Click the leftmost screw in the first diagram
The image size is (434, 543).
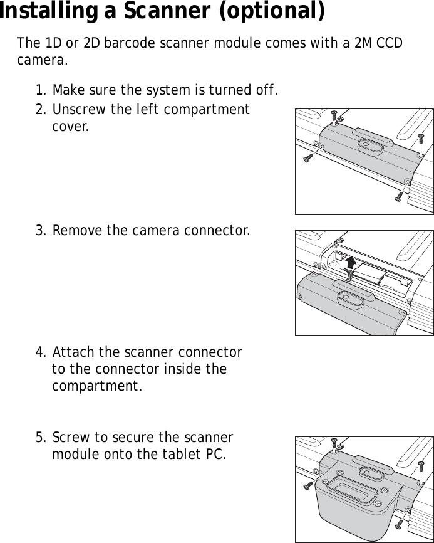coord(308,158)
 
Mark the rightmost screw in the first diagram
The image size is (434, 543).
coord(421,137)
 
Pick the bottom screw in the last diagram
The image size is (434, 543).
coord(398,524)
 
